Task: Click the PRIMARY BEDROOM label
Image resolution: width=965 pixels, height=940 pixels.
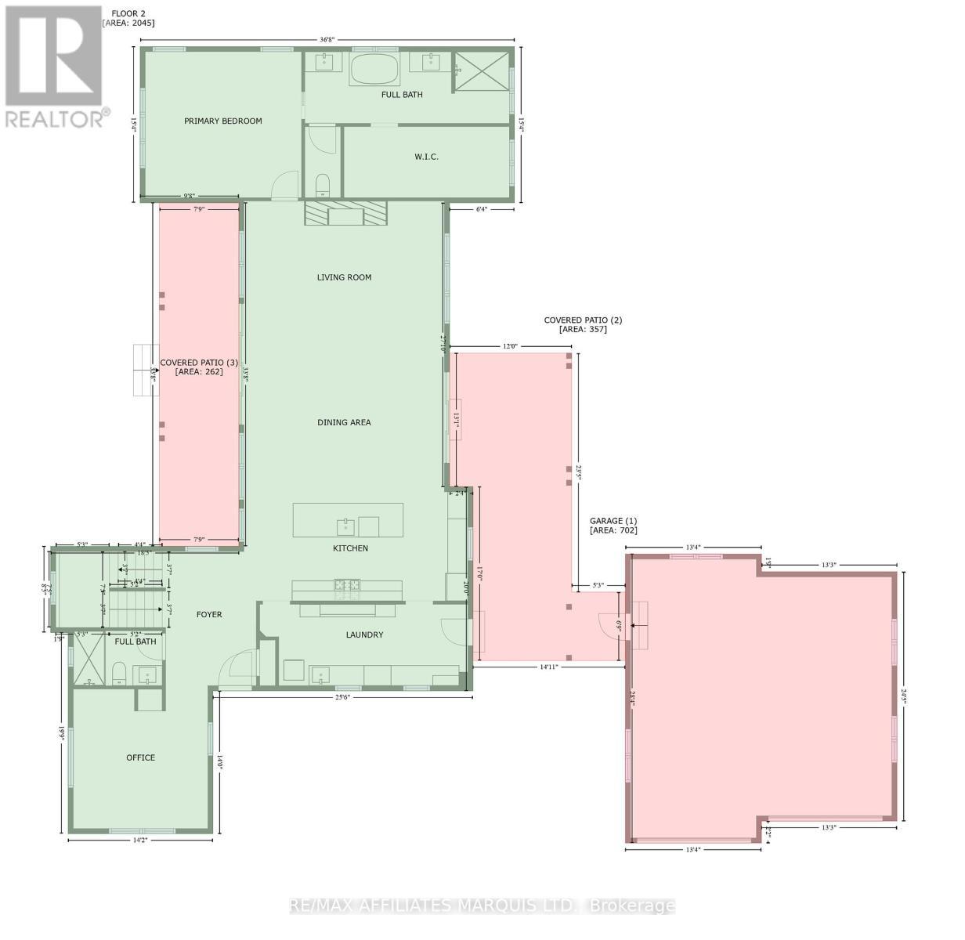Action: point(222,121)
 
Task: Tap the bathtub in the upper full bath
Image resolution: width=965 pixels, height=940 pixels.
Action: point(374,70)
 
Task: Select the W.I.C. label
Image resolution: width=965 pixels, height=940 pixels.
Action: point(426,157)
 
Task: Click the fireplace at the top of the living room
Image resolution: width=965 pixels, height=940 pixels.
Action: point(345,213)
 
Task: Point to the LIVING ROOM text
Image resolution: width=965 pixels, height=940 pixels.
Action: point(344,277)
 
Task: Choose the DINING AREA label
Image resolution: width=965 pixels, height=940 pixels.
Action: point(344,422)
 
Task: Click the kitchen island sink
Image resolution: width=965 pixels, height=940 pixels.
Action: point(345,526)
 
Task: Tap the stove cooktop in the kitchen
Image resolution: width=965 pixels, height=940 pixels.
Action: point(346,584)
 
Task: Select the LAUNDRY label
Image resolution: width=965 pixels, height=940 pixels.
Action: point(364,634)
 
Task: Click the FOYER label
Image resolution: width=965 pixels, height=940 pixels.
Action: point(209,615)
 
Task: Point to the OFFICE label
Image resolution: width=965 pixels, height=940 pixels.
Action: point(141,757)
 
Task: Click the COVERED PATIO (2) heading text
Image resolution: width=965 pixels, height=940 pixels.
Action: point(583,320)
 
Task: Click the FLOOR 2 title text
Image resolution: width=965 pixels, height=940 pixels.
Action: point(124,13)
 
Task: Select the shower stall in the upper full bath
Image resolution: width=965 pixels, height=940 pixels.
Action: point(481,72)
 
